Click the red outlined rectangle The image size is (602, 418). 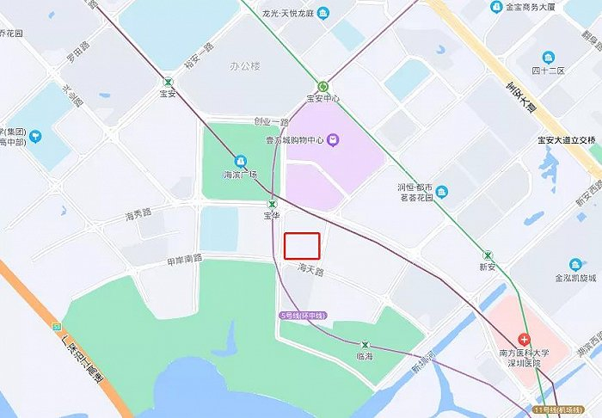click(x=302, y=246)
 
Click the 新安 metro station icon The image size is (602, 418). click(x=488, y=255)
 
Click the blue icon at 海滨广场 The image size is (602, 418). click(x=241, y=161)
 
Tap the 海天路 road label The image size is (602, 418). click(x=310, y=270)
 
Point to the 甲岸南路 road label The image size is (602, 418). click(x=184, y=257)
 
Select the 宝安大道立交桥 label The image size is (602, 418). click(x=566, y=139)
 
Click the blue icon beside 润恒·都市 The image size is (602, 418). click(x=441, y=190)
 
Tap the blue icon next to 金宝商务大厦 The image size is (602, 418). click(x=496, y=8)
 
